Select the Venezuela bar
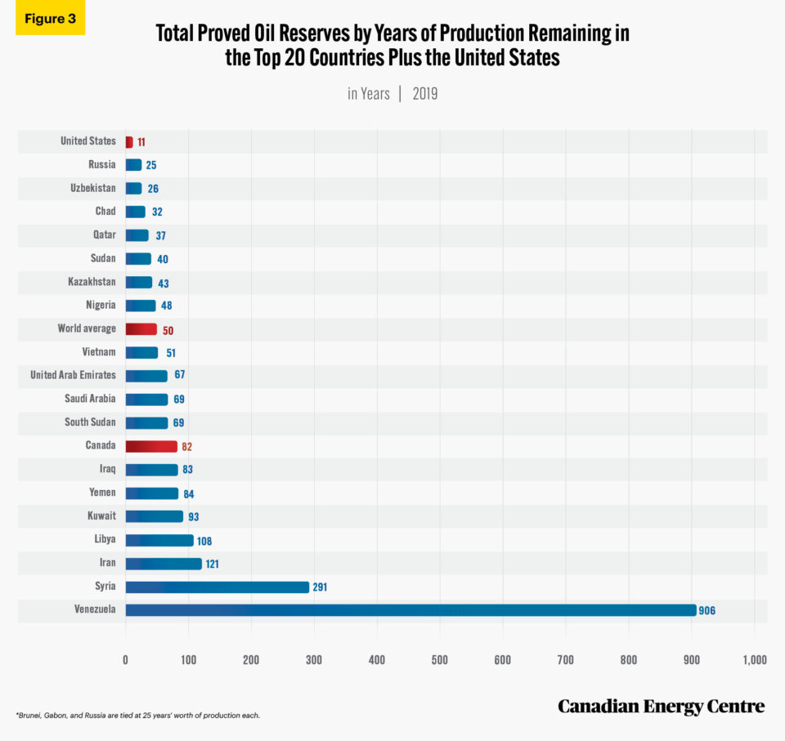click(x=409, y=610)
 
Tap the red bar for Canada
click(x=151, y=446)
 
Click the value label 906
click(x=706, y=611)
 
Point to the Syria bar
click(x=217, y=587)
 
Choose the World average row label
click(x=87, y=329)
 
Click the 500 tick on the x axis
click(x=440, y=659)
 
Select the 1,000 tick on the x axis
click(x=754, y=659)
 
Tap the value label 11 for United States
click(x=141, y=142)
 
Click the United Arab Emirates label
click(x=73, y=376)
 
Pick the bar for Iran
click(x=163, y=564)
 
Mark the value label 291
click(x=320, y=587)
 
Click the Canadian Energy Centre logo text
click(x=661, y=706)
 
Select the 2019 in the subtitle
click(x=424, y=94)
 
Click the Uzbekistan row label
click(x=92, y=188)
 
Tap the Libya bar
click(x=159, y=540)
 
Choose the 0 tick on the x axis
click(x=125, y=659)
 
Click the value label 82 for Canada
click(x=187, y=447)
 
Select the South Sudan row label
click(x=90, y=422)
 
